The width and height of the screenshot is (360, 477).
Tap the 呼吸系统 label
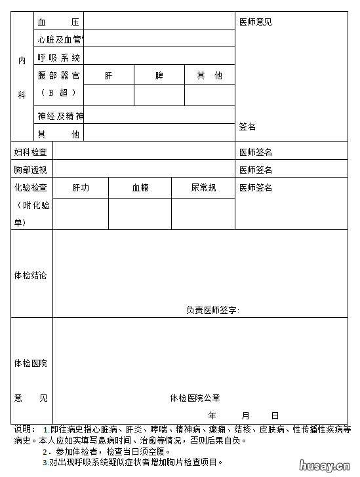pyautogui.click(x=58, y=58)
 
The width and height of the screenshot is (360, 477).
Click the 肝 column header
pyautogui.click(x=109, y=75)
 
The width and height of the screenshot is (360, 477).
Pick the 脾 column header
pyautogui.click(x=159, y=75)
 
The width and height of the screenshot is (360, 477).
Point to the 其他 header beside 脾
pyautogui.click(x=209, y=75)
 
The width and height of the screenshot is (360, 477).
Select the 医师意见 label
pyautogui.click(x=256, y=22)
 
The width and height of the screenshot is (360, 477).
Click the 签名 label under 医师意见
pyautogui.click(x=247, y=126)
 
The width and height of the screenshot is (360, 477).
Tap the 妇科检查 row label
pyautogui.click(x=31, y=152)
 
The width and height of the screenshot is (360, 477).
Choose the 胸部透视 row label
pyautogui.click(x=31, y=170)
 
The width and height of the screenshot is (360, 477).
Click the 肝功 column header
pyautogui.click(x=81, y=187)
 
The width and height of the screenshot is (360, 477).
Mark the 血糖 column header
pyautogui.click(x=140, y=187)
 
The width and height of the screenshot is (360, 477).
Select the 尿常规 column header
pyautogui.click(x=203, y=187)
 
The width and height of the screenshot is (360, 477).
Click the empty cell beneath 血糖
pyautogui.click(x=140, y=214)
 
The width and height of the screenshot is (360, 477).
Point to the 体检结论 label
pyautogui.click(x=31, y=275)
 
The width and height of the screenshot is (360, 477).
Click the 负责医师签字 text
pyautogui.click(x=212, y=310)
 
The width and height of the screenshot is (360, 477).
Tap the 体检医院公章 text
pyautogui.click(x=195, y=398)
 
